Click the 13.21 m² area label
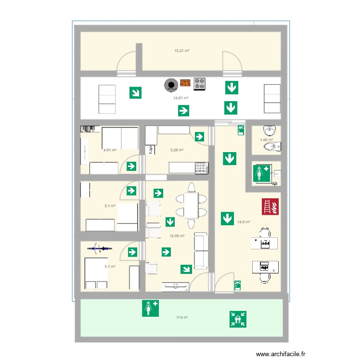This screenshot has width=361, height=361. [180, 50]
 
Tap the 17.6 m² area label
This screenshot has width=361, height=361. [181, 317]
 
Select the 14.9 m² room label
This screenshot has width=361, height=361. [244, 222]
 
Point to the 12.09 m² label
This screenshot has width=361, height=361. [177, 236]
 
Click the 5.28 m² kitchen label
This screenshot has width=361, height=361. [177, 150]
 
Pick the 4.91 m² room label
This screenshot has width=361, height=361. [110, 150]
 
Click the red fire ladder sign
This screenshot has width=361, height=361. [269, 206]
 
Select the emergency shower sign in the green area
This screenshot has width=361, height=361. [150, 308]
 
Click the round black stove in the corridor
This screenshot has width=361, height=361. [170, 85]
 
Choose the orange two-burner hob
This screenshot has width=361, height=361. [185, 84]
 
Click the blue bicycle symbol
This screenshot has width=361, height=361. [99, 248]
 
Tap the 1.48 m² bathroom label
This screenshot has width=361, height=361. [266, 140]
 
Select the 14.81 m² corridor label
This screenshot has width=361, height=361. [180, 98]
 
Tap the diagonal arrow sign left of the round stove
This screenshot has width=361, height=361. [136, 92]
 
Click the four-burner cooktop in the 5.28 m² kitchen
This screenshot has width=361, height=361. [202, 168]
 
